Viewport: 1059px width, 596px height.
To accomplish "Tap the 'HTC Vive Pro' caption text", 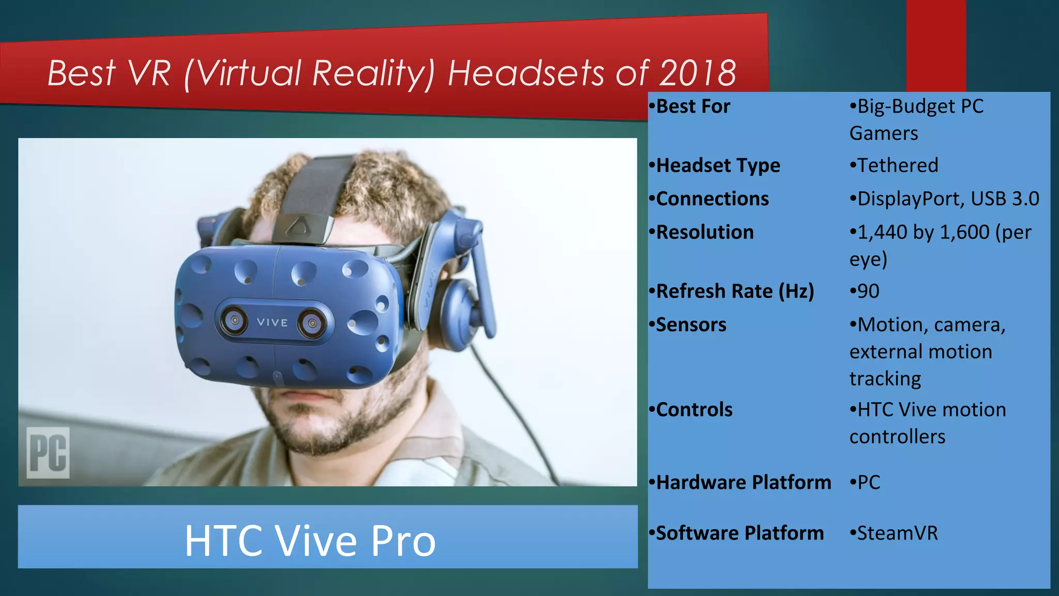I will tap(310, 541).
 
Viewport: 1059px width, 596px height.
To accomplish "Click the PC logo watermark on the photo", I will tap(48, 452).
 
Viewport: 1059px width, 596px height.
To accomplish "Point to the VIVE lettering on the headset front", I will tap(272, 322).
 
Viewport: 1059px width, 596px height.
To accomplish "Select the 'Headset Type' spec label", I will tap(718, 166).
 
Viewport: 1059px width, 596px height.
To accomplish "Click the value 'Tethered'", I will tap(897, 166).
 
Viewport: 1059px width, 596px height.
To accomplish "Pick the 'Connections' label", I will tap(712, 199).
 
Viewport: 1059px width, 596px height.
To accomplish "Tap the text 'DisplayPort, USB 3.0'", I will tap(948, 199).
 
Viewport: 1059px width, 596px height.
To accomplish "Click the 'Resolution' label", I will tap(704, 232).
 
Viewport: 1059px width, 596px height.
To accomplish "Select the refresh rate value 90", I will tap(868, 291).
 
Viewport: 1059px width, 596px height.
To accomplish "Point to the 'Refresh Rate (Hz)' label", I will tap(735, 291).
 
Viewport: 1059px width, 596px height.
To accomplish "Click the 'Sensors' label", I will tap(691, 325).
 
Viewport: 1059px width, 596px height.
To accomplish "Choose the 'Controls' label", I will tap(694, 410).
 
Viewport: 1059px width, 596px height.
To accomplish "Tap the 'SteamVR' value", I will tap(897, 533).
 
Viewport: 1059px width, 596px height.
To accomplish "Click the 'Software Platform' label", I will tap(739, 533).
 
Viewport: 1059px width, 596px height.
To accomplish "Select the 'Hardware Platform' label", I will tap(743, 482).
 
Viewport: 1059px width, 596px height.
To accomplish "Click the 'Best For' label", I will tap(693, 107).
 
